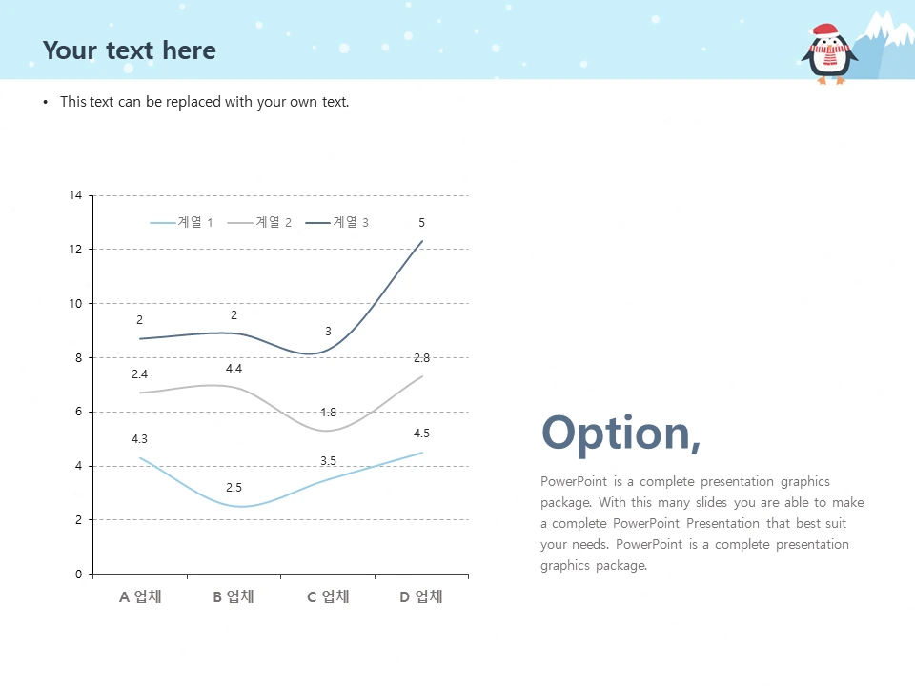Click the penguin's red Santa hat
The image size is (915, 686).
pos(824,30)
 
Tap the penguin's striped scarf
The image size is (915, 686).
pos(828,52)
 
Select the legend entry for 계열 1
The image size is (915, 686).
pos(181,222)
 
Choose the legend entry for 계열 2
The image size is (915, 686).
pos(259,222)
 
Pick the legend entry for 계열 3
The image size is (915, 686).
pos(336,222)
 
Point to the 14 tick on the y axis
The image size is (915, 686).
pos(75,195)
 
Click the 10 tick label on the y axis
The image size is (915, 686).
pos(75,303)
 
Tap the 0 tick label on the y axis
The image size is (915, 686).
pos(79,574)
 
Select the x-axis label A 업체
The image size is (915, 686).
pos(140,596)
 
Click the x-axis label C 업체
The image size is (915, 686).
pos(328,596)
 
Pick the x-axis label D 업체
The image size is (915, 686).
pos(421,596)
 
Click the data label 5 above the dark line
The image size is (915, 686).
pos(422,222)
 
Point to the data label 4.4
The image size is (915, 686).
pos(234,368)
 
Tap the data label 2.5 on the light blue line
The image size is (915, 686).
pos(234,487)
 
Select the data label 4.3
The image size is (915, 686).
pos(139,438)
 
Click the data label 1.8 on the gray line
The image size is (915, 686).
pos(329,413)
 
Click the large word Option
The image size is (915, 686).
pos(620,433)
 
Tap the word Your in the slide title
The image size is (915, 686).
pos(70,50)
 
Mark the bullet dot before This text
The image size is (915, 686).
pos(46,103)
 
